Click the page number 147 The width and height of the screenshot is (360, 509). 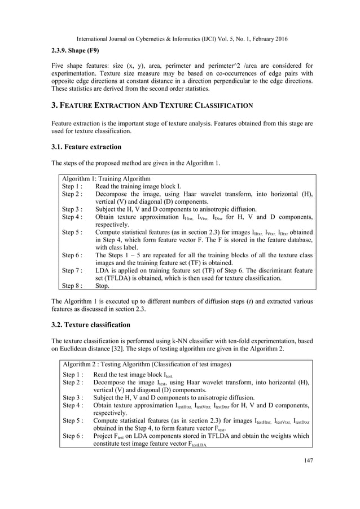click(x=307, y=460)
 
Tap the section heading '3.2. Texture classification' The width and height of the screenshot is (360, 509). click(x=91, y=325)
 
